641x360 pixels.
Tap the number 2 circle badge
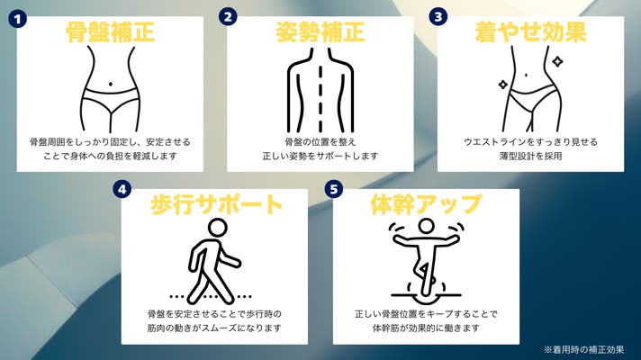(228, 16)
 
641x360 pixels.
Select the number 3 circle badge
(438, 16)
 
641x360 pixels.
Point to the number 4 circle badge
(122, 190)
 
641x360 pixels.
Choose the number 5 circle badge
(335, 190)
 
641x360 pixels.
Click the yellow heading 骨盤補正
(111, 33)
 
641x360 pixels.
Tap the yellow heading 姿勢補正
(320, 33)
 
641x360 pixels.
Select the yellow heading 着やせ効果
(531, 33)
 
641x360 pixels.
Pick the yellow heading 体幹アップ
(426, 204)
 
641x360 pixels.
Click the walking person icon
(212, 259)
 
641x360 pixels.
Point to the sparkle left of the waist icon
(502, 85)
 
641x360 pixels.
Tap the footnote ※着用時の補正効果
(583, 348)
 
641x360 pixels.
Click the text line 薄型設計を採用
(530, 157)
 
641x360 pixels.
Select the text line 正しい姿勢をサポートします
(320, 157)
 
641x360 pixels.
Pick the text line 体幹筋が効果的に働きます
(426, 328)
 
